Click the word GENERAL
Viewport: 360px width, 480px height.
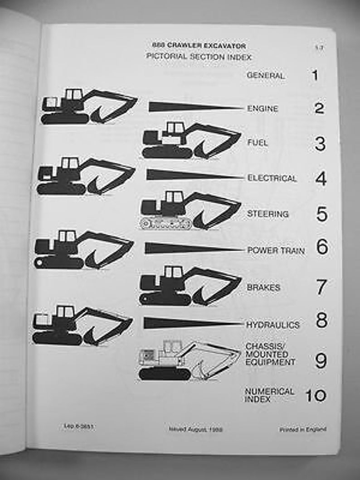tap(266, 76)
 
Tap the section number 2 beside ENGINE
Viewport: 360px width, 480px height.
tap(319, 108)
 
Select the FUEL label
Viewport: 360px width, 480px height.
tap(258, 143)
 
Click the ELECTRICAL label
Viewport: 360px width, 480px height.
tap(272, 179)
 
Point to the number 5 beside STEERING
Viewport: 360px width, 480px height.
tap(321, 214)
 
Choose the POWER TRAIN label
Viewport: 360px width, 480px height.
tap(276, 250)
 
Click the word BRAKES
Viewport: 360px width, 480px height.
tap(263, 287)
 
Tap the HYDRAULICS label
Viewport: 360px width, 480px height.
tap(273, 325)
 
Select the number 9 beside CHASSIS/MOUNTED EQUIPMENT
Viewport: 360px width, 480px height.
tap(321, 360)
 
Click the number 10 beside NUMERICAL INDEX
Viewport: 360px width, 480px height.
tap(315, 396)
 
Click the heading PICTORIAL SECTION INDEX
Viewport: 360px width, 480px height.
tap(199, 57)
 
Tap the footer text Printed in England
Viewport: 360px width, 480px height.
tap(302, 429)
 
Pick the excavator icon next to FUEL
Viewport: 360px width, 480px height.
tap(190, 141)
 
